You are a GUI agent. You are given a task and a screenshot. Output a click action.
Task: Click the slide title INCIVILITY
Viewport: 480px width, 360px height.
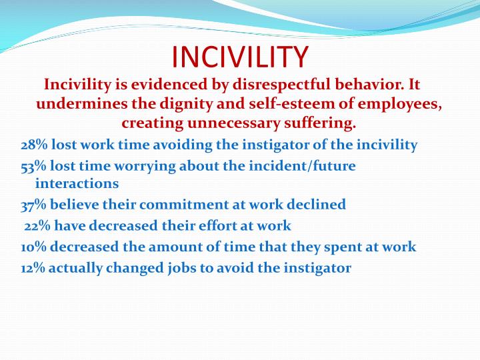[x=240, y=57]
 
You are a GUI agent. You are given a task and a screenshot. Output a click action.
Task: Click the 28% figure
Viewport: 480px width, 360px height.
[x=33, y=145]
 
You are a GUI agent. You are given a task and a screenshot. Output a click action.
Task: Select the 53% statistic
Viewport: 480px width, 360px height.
[x=33, y=166]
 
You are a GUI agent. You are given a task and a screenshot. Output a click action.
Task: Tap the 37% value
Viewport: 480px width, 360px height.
[x=33, y=205]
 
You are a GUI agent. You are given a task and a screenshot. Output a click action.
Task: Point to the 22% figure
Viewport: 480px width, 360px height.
[x=37, y=226]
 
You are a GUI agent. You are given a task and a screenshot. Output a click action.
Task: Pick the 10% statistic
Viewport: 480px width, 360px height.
[x=33, y=247]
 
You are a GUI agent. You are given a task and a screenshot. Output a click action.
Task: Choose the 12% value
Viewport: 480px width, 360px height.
[x=33, y=268]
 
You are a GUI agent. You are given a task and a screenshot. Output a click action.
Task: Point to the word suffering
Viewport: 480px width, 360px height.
[x=323, y=123]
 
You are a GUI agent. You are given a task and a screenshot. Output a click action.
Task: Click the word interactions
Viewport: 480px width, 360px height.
[x=77, y=183]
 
